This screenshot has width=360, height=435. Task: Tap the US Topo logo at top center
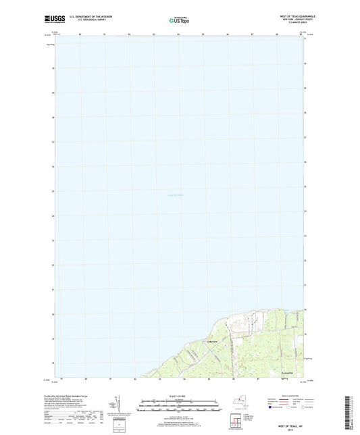coord(178,20)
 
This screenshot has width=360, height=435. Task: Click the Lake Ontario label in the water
coord(174,196)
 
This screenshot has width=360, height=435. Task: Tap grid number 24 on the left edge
coord(53,216)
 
